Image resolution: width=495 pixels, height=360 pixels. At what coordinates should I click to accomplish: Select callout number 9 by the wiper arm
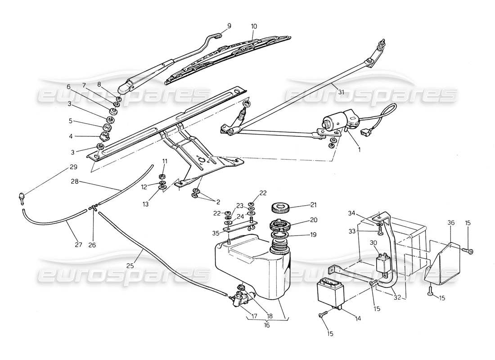pos(229,26)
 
